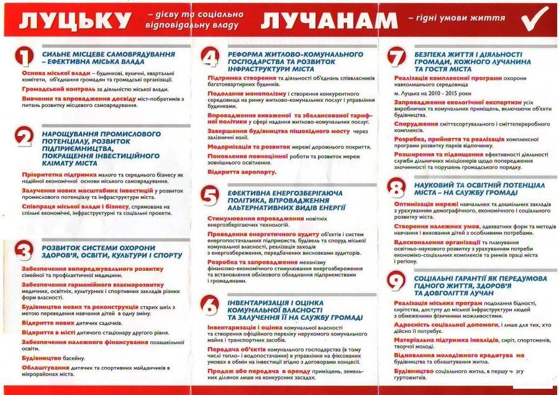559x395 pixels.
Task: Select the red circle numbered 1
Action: (x=24, y=57)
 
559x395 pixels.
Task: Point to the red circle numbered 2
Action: (x=24, y=136)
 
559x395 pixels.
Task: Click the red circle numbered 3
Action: (x=24, y=252)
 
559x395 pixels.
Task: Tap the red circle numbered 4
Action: (x=211, y=58)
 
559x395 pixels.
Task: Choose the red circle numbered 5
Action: (x=211, y=196)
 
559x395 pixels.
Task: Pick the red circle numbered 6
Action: (x=211, y=304)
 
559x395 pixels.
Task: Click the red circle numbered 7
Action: (x=396, y=57)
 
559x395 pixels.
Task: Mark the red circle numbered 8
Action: (x=396, y=187)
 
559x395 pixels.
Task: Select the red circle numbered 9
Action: (x=396, y=281)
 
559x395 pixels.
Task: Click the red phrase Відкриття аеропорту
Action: (x=242, y=171)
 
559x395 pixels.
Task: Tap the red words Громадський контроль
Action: (x=50, y=89)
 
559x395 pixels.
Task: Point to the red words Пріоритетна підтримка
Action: (x=52, y=175)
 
